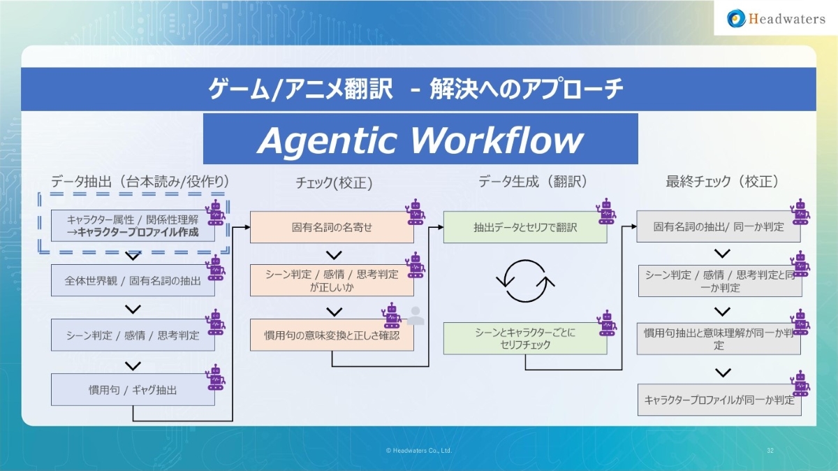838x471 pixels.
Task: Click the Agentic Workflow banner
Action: coord(420,139)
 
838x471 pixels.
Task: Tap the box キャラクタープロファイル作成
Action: coord(133,226)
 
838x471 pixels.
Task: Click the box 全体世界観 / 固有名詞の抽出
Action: coord(133,281)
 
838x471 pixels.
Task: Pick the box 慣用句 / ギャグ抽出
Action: coord(133,390)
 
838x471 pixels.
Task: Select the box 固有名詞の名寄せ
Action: coord(332,227)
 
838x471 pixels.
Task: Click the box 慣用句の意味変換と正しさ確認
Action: coord(332,335)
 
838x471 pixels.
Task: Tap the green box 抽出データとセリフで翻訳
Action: coord(525,227)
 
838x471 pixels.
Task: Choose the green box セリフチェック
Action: coord(525,338)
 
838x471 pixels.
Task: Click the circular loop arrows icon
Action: coord(525,281)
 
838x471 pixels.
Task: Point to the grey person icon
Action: coord(416,316)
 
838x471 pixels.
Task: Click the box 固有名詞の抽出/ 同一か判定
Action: coord(719,227)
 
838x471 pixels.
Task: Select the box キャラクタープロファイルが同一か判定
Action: coord(719,400)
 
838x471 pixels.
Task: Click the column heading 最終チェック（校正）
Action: coord(722,182)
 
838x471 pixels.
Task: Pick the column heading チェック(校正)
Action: coord(334,183)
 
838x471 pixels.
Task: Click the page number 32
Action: coord(770,451)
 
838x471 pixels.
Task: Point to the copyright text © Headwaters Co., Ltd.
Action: coord(419,451)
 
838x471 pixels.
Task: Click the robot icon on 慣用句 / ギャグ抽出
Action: coord(216,377)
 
